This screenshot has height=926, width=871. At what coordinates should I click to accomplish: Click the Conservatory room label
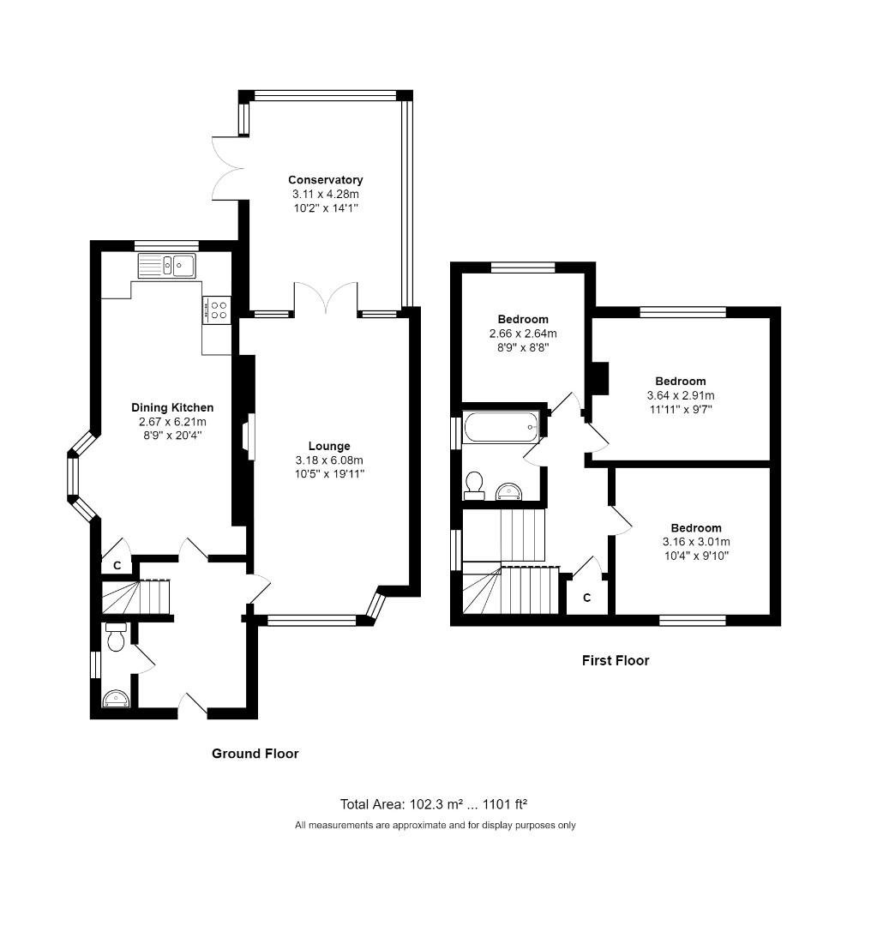pyautogui.click(x=325, y=180)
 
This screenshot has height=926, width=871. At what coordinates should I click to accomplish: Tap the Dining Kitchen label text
pyautogui.click(x=172, y=407)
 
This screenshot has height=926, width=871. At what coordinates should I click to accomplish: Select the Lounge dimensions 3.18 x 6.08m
pyautogui.click(x=330, y=460)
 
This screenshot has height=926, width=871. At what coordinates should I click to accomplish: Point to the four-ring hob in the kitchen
pyautogui.click(x=218, y=309)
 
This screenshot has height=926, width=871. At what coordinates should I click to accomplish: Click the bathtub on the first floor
pyautogui.click(x=501, y=427)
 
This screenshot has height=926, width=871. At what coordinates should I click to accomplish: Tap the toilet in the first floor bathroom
pyautogui.click(x=473, y=486)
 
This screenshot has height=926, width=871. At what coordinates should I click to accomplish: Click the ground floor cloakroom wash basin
pyautogui.click(x=115, y=700)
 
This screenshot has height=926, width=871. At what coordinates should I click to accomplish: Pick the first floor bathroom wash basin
pyautogui.click(x=510, y=490)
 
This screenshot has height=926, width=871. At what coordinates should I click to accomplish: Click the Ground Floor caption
pyautogui.click(x=255, y=754)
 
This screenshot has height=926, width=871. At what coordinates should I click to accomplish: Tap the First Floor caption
pyautogui.click(x=616, y=660)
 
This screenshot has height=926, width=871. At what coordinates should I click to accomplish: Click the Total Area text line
pyautogui.click(x=434, y=804)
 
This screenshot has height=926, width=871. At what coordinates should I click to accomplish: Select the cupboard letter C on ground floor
pyautogui.click(x=117, y=566)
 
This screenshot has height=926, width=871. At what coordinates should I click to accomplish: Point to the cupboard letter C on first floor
pyautogui.click(x=587, y=598)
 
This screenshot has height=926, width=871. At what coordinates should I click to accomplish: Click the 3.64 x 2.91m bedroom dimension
pyautogui.click(x=681, y=395)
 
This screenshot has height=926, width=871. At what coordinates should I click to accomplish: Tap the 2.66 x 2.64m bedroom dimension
pyautogui.click(x=523, y=334)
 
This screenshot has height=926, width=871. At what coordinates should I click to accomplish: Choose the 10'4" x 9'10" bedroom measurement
pyautogui.click(x=696, y=556)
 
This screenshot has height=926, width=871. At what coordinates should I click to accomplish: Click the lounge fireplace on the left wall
pyautogui.click(x=248, y=437)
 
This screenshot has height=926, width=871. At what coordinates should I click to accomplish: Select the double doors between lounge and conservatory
pyautogui.click(x=326, y=300)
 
